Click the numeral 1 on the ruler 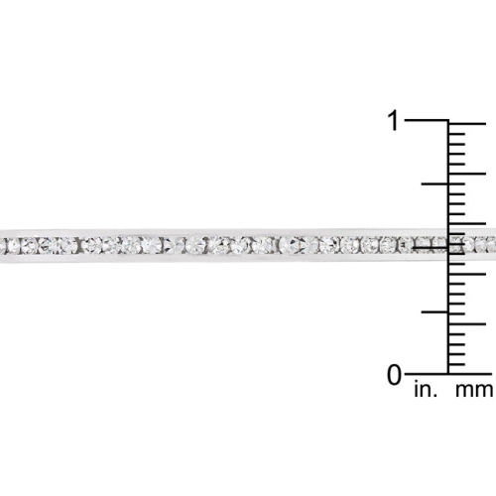pos(394,121)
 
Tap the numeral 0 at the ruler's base pos(394,375)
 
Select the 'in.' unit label pos(424,390)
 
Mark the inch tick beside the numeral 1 pos(427,121)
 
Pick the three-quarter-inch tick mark pos(435,185)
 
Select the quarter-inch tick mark pos(435,310)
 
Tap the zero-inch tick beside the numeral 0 pos(427,374)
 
